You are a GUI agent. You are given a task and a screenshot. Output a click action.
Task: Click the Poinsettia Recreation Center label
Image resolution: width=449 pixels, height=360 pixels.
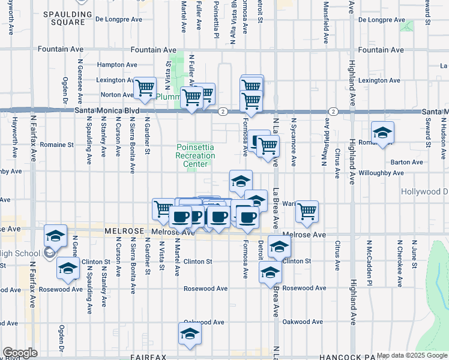point(195,155)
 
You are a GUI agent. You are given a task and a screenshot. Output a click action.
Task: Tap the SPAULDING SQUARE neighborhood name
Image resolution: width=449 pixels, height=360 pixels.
point(67,17)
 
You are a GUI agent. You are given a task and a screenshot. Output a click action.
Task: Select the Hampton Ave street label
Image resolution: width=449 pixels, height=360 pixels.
point(117,65)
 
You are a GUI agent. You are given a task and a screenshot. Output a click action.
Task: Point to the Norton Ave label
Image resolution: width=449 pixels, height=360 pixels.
point(116,95)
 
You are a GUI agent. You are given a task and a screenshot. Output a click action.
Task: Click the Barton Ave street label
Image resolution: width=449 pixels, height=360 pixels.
point(406,162)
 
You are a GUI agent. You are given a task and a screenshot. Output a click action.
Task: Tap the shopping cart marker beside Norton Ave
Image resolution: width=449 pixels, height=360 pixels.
point(145,88)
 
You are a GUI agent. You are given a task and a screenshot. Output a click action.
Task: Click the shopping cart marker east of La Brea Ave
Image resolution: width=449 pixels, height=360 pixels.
point(307,211)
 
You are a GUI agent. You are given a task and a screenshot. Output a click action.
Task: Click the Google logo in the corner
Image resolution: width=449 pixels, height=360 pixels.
point(20,353)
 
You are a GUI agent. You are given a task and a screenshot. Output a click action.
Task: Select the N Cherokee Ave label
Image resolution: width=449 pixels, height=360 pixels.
point(399,264)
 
